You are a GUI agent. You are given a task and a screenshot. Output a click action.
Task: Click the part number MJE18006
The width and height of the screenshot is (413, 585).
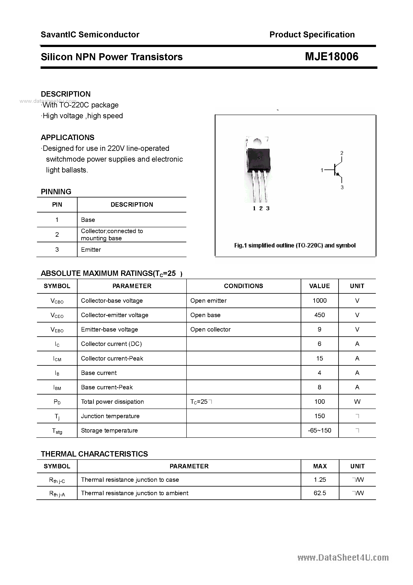pyautogui.click(x=331, y=57)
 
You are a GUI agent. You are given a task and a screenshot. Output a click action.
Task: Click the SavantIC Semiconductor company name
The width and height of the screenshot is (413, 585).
pyautogui.click(x=90, y=35)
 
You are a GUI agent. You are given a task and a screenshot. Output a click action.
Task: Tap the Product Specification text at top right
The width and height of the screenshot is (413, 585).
pyautogui.click(x=312, y=35)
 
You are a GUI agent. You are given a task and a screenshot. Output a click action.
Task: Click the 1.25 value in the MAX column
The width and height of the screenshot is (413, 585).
pyautogui.click(x=320, y=480)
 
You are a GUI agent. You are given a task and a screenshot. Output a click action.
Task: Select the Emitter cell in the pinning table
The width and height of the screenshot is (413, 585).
pyautogui.click(x=91, y=250)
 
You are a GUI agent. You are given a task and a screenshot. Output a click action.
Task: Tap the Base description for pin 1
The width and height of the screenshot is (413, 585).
pyautogui.click(x=88, y=220)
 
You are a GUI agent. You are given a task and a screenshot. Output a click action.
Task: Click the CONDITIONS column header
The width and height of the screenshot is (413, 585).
pyautogui.click(x=243, y=286)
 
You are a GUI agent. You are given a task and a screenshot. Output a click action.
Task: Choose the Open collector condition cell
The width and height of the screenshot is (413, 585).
pyautogui.click(x=210, y=330)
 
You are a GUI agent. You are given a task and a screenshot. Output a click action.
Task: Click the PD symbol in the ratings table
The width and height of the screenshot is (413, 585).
pyautogui.click(x=57, y=402)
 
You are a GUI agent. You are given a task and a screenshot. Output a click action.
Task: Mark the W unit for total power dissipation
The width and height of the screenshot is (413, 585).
pyautogui.click(x=357, y=402)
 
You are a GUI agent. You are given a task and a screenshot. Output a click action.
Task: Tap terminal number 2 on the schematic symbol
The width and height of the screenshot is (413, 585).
pyautogui.click(x=342, y=153)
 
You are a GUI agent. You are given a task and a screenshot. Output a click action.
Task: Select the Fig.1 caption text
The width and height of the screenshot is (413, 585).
pyautogui.click(x=295, y=246)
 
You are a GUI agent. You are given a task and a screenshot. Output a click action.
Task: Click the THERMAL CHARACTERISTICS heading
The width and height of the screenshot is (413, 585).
pyautogui.click(x=94, y=454)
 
